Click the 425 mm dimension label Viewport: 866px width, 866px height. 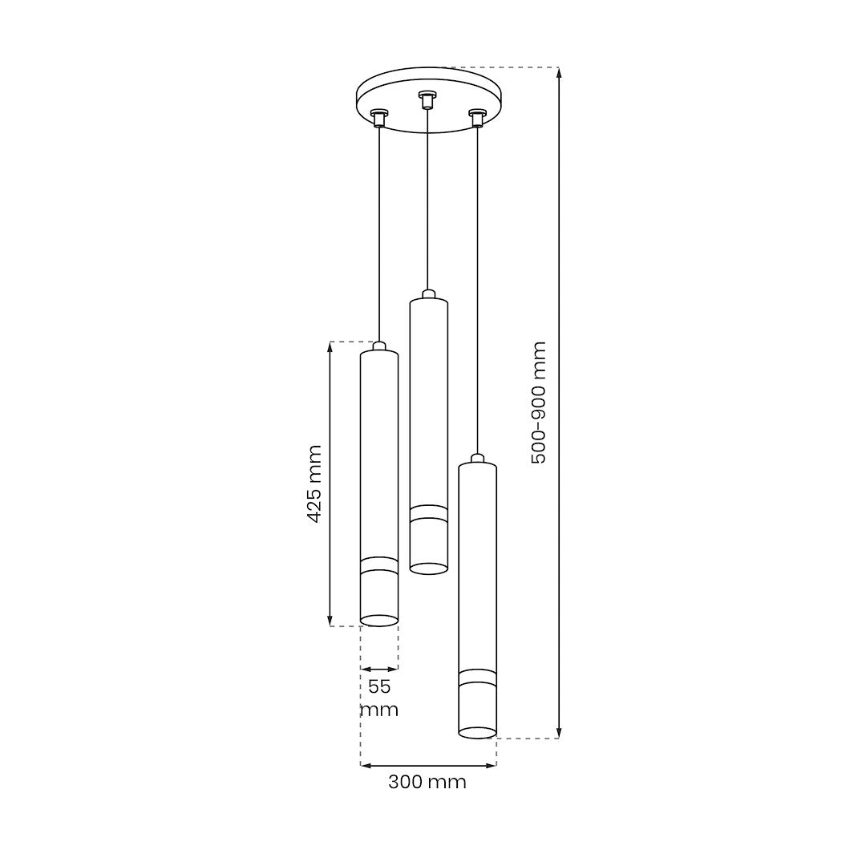[314, 484]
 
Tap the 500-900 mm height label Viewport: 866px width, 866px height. [538, 403]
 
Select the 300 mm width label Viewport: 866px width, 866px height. [427, 782]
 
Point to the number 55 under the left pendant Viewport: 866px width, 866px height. [379, 687]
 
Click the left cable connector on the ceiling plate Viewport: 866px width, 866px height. [378, 118]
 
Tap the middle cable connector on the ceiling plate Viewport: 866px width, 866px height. [425, 99]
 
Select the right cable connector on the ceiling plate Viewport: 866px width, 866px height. [476, 118]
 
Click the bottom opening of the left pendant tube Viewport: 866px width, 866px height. [378, 620]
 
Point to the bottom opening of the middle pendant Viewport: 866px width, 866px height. [428, 569]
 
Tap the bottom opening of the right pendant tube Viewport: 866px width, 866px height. [477, 732]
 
